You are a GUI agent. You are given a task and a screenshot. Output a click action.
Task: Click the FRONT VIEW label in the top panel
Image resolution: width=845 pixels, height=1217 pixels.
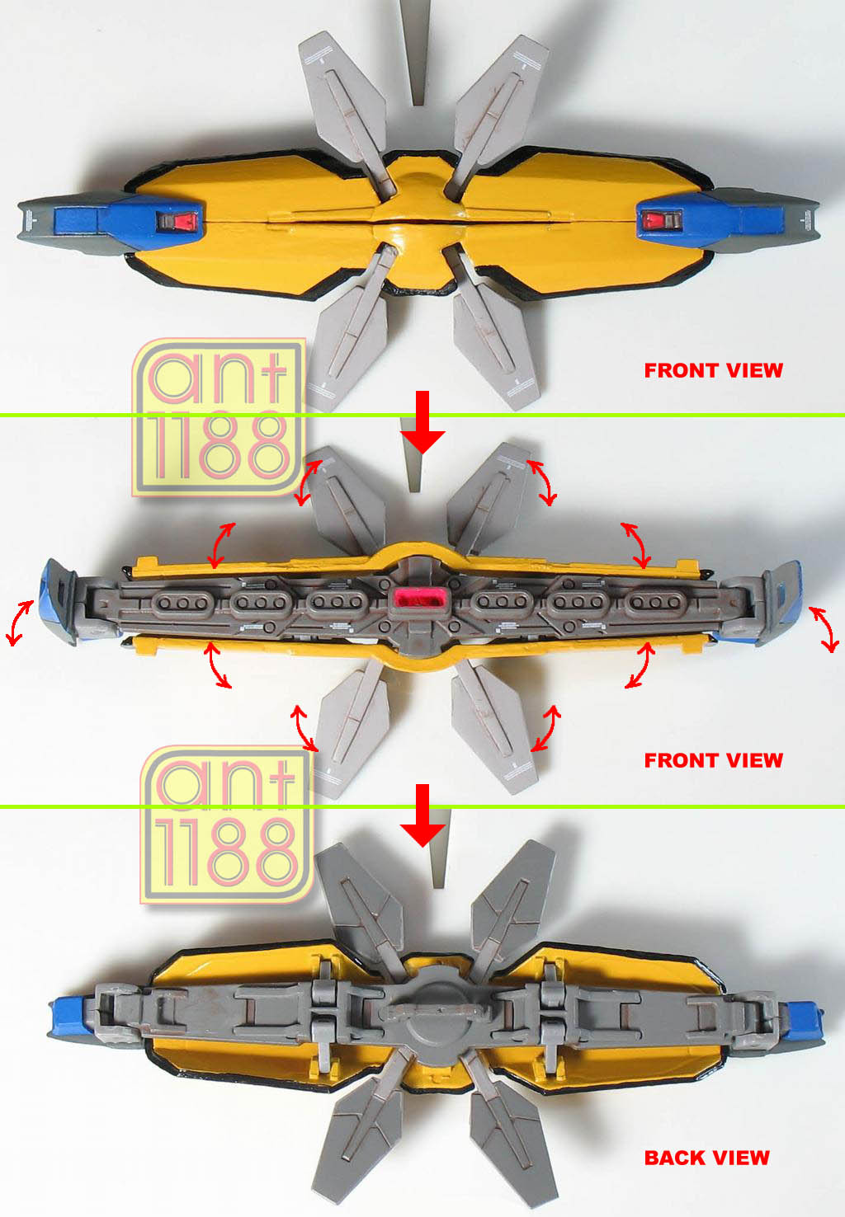[x=714, y=370]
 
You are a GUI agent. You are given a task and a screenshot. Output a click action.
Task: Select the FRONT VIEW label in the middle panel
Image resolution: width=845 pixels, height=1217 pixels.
[x=714, y=759]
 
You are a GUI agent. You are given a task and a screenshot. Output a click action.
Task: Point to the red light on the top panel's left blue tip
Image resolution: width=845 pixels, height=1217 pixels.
[x=177, y=221]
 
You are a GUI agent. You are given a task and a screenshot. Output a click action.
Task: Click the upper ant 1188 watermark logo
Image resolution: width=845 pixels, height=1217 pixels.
[x=219, y=417]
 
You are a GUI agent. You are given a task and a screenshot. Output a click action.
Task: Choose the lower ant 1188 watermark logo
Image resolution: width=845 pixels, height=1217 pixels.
[x=227, y=825]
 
